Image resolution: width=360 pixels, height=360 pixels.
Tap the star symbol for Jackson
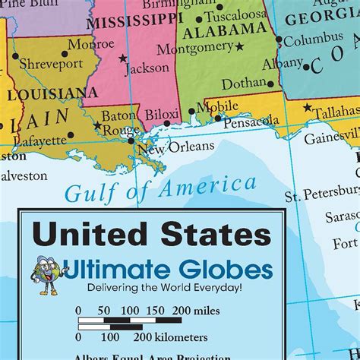click(x=122, y=58)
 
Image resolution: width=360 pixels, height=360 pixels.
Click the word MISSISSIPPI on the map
click(x=129, y=23)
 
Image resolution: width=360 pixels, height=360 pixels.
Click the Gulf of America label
click(x=159, y=188)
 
